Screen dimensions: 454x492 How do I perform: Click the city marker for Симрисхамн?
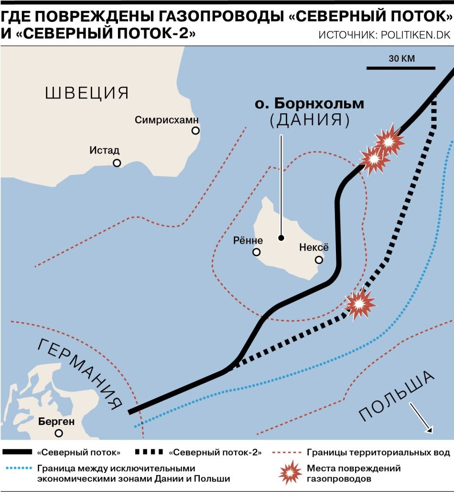point(195,131)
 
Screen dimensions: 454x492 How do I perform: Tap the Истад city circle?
point(117,163)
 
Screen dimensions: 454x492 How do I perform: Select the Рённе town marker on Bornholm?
point(257,252)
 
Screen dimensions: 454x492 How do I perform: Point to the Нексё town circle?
point(319,260)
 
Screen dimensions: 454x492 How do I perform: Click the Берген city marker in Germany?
point(59,433)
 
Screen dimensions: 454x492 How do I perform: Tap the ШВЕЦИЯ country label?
point(87,93)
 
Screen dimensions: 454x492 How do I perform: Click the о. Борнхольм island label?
point(309,103)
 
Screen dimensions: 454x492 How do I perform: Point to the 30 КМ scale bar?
point(400,68)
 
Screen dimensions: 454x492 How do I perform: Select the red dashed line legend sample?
point(285,452)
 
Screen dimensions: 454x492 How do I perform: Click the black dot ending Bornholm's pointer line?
point(281,238)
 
